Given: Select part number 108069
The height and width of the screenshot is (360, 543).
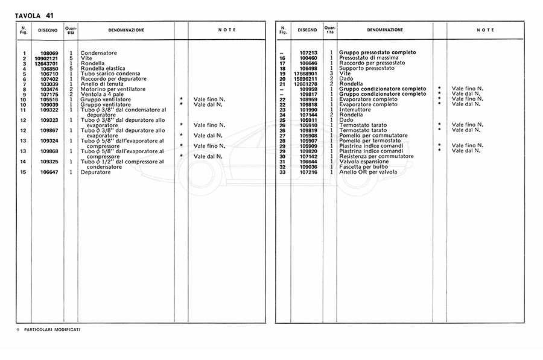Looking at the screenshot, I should [49, 53].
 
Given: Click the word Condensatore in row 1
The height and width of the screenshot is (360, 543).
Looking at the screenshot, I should [98, 53].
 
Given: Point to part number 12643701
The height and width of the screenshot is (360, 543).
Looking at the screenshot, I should [46, 63].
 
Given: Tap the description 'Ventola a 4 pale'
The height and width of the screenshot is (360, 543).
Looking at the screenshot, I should [102, 94].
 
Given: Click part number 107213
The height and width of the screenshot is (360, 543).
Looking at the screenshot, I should [308, 52].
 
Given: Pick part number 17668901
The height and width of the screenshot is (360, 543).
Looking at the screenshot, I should [305, 73].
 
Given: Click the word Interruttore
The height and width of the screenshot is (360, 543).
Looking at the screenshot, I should [356, 109].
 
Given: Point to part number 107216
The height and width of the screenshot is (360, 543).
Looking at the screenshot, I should [308, 172].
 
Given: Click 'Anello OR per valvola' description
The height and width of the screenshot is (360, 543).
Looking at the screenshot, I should [367, 172].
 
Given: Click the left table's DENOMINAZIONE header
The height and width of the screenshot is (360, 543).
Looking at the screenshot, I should [125, 30].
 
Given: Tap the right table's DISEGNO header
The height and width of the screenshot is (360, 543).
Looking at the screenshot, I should [306, 30].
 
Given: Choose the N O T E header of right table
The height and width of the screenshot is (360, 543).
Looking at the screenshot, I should [485, 30].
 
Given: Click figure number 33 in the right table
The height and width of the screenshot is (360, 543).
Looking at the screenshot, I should [282, 172].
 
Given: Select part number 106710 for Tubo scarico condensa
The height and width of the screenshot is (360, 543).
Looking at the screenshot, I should [49, 74].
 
